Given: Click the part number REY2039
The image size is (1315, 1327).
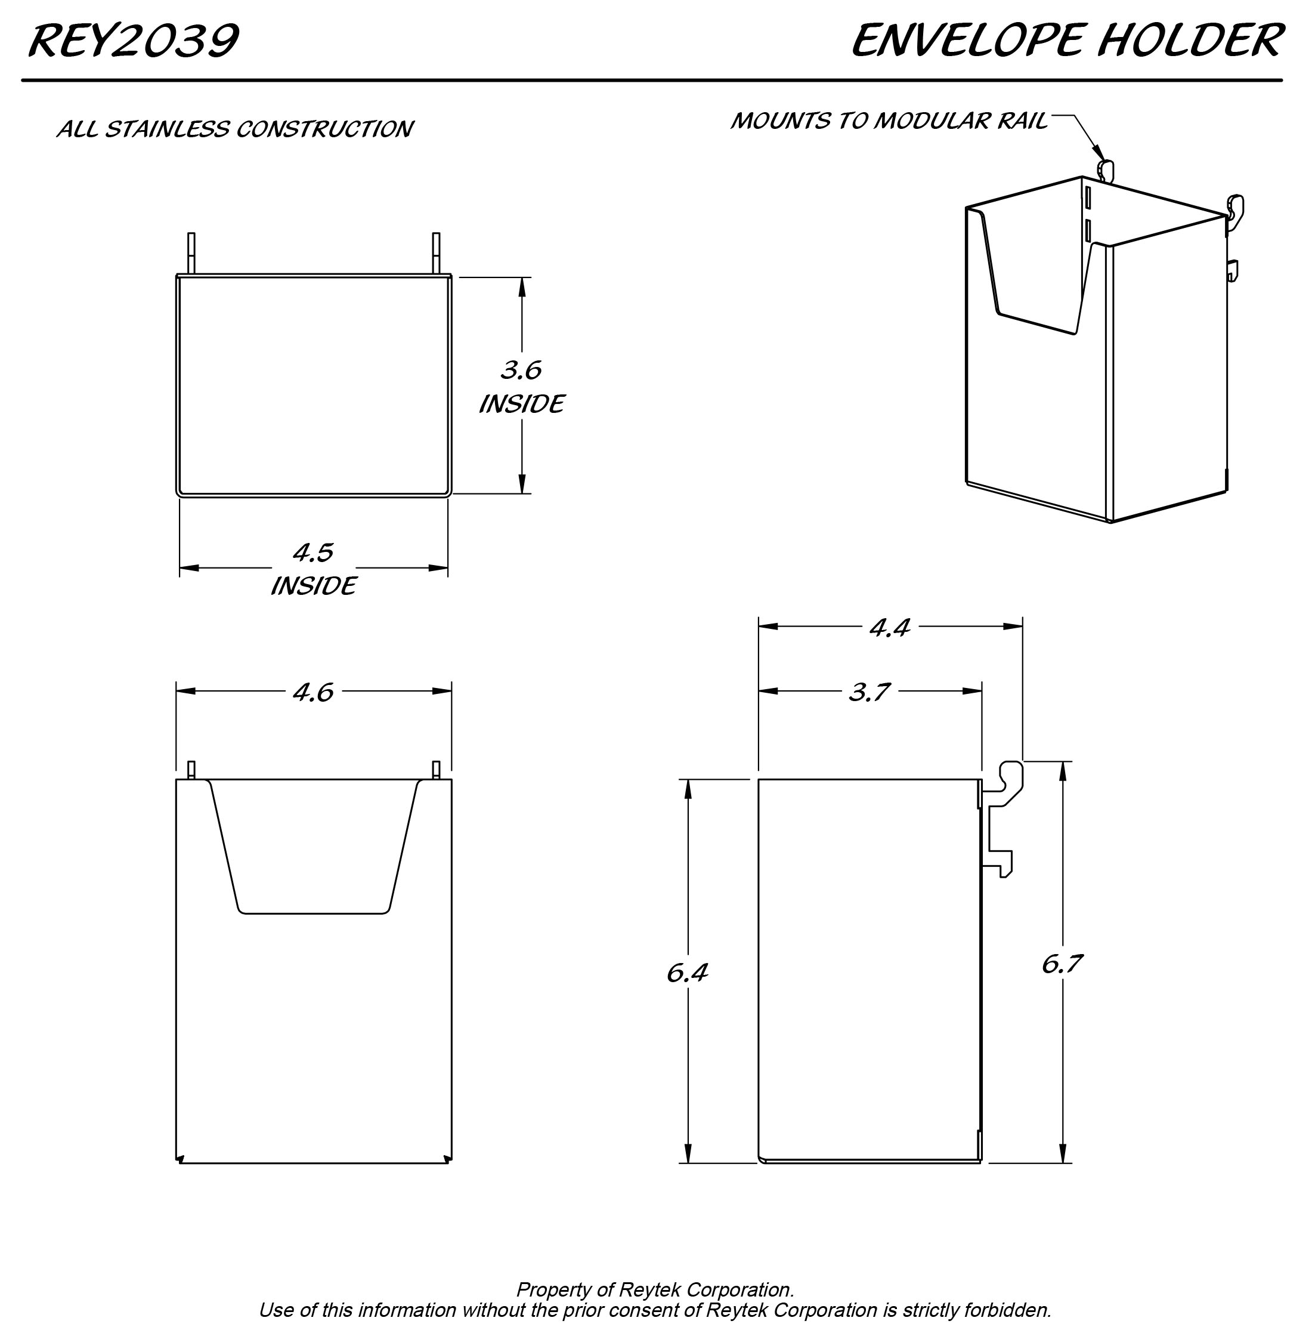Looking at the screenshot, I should tap(133, 41).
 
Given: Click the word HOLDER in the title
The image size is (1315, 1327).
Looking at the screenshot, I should tap(1190, 41).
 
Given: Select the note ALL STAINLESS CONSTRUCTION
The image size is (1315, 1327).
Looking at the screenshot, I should tap(234, 129).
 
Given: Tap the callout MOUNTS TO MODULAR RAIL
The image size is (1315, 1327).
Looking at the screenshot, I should tap(889, 121).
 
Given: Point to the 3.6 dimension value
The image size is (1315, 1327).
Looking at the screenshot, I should tap(521, 370).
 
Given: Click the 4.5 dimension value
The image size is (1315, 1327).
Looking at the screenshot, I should tap(313, 553).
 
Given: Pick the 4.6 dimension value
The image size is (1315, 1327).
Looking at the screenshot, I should tap(313, 692).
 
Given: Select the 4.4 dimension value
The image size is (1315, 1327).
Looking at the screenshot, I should tap(890, 627).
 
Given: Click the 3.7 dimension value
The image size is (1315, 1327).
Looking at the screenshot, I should tap(870, 692).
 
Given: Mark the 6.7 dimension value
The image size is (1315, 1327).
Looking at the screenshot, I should tap(1062, 964).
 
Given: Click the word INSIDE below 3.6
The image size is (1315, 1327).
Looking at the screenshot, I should tap(521, 404).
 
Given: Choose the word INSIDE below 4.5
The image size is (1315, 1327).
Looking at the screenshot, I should tap(313, 586).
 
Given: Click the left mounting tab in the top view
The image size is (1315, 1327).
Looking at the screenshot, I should tap(191, 253).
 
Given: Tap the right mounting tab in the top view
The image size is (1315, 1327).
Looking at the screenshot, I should tap(435, 253).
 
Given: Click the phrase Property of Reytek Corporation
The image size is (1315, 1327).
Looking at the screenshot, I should tap(654, 1289).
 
